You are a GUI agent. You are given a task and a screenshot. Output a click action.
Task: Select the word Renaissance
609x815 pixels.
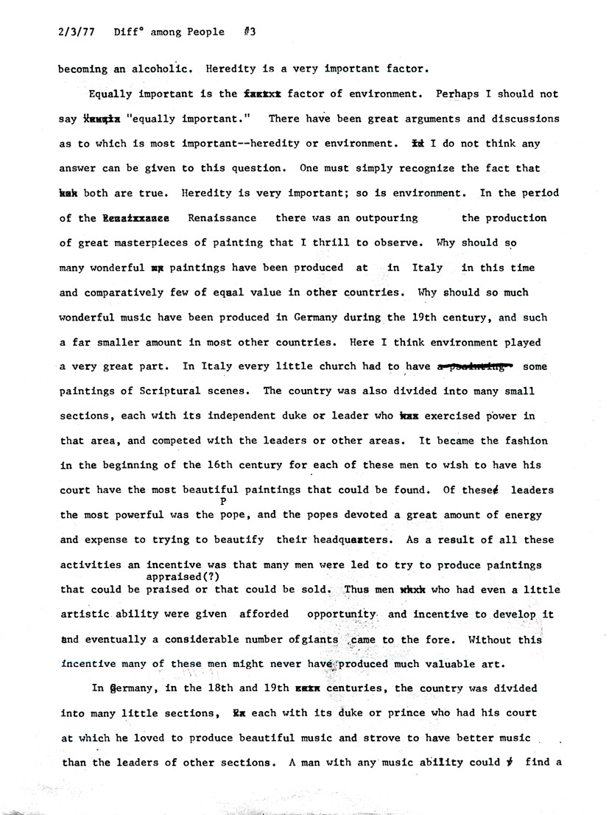(x=222, y=218)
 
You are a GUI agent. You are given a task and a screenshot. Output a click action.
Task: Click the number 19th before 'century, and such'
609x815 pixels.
(x=419, y=317)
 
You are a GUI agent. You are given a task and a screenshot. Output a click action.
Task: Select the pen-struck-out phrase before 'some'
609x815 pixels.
(x=475, y=366)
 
